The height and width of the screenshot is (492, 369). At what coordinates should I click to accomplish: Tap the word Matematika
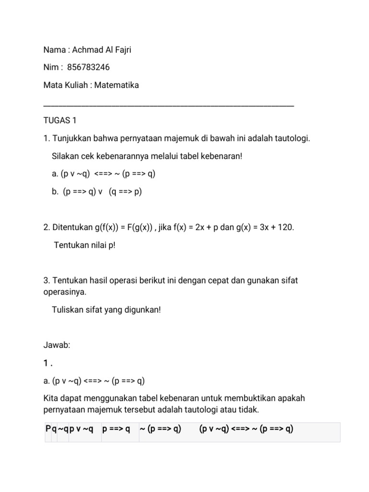[x=117, y=85]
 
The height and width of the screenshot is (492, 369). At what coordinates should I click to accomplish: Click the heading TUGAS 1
[x=60, y=120]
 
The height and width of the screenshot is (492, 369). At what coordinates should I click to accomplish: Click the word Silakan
[x=65, y=156]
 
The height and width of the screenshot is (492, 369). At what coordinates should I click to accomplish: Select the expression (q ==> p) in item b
[x=125, y=192]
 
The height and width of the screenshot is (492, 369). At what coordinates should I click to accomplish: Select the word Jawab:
[x=57, y=345]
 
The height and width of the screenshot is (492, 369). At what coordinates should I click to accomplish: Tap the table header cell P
[x=48, y=429]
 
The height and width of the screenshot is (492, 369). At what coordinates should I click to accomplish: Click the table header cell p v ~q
[x=82, y=429]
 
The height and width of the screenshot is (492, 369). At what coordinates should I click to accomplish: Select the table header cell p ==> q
[x=116, y=429]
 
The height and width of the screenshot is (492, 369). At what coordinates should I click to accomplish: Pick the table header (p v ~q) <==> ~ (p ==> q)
[x=246, y=429]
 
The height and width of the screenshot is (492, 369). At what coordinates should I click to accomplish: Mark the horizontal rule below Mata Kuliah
[x=168, y=104]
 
